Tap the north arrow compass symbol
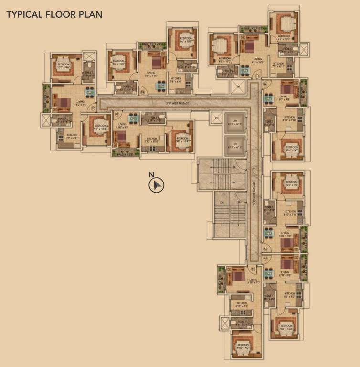point(156,184)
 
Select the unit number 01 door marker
point(257,76)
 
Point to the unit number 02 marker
point(265,84)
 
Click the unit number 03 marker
point(265,249)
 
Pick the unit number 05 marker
point(254,270)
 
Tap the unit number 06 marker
point(116,114)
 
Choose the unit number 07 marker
point(93,108)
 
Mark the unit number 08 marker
point(142,93)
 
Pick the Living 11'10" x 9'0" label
point(253,281)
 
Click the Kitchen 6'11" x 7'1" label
point(242,305)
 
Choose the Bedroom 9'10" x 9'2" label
point(243,346)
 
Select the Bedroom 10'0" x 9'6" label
point(64,66)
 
